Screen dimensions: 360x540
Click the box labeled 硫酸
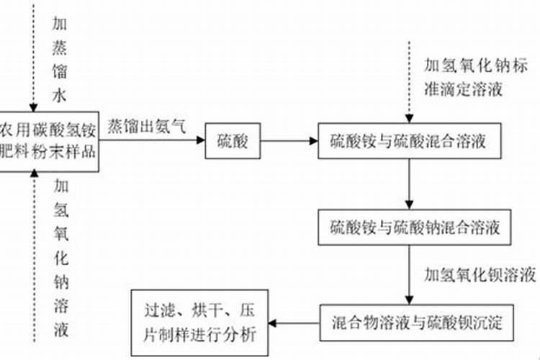pyautogui.click(x=233, y=141)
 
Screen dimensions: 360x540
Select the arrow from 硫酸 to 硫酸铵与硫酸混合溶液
pyautogui.click(x=289, y=141)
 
